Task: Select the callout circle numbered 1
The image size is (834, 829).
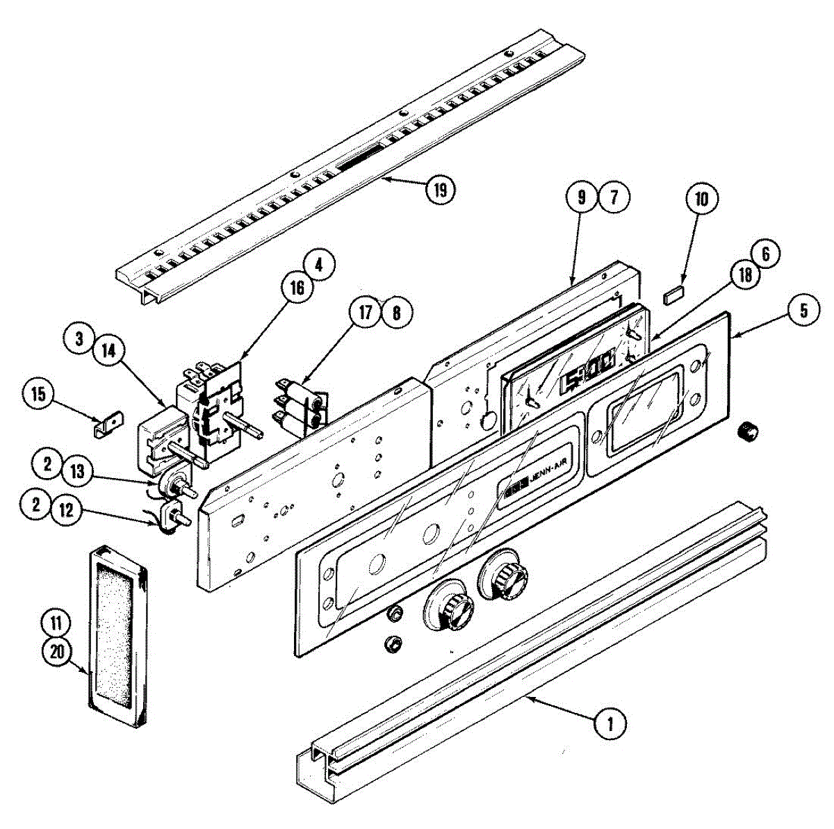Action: [x=610, y=724]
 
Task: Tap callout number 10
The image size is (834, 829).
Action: [x=701, y=200]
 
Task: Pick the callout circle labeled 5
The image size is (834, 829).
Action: [x=803, y=310]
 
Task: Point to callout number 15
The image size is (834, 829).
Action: [x=38, y=395]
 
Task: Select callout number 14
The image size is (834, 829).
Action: [x=106, y=352]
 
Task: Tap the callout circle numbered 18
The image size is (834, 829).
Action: [x=745, y=275]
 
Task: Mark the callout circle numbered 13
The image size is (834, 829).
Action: [x=78, y=472]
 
